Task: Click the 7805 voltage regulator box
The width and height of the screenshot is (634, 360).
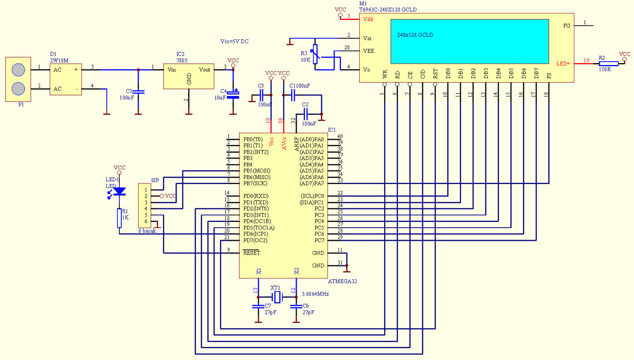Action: [x=189, y=76]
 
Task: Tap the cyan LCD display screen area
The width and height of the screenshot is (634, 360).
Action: [x=470, y=41]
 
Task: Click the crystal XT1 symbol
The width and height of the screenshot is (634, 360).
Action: [x=277, y=297]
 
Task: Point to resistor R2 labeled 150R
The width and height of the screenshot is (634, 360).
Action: [x=608, y=63]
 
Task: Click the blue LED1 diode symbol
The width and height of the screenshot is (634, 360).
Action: [x=119, y=191]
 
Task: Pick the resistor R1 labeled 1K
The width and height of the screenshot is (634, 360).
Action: [x=119, y=218]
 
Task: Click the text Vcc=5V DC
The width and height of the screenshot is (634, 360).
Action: [x=241, y=41]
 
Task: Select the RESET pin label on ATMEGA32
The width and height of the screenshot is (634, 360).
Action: [x=251, y=253]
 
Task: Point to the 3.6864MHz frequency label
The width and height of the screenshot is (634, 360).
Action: [x=315, y=294]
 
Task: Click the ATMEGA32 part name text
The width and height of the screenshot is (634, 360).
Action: [x=343, y=281]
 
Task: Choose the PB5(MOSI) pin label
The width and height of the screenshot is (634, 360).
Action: [x=256, y=171]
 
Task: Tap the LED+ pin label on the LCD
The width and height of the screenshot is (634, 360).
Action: [x=563, y=63]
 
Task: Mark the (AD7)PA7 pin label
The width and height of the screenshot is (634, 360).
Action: [x=312, y=183]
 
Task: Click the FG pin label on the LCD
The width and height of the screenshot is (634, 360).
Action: [x=566, y=25]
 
